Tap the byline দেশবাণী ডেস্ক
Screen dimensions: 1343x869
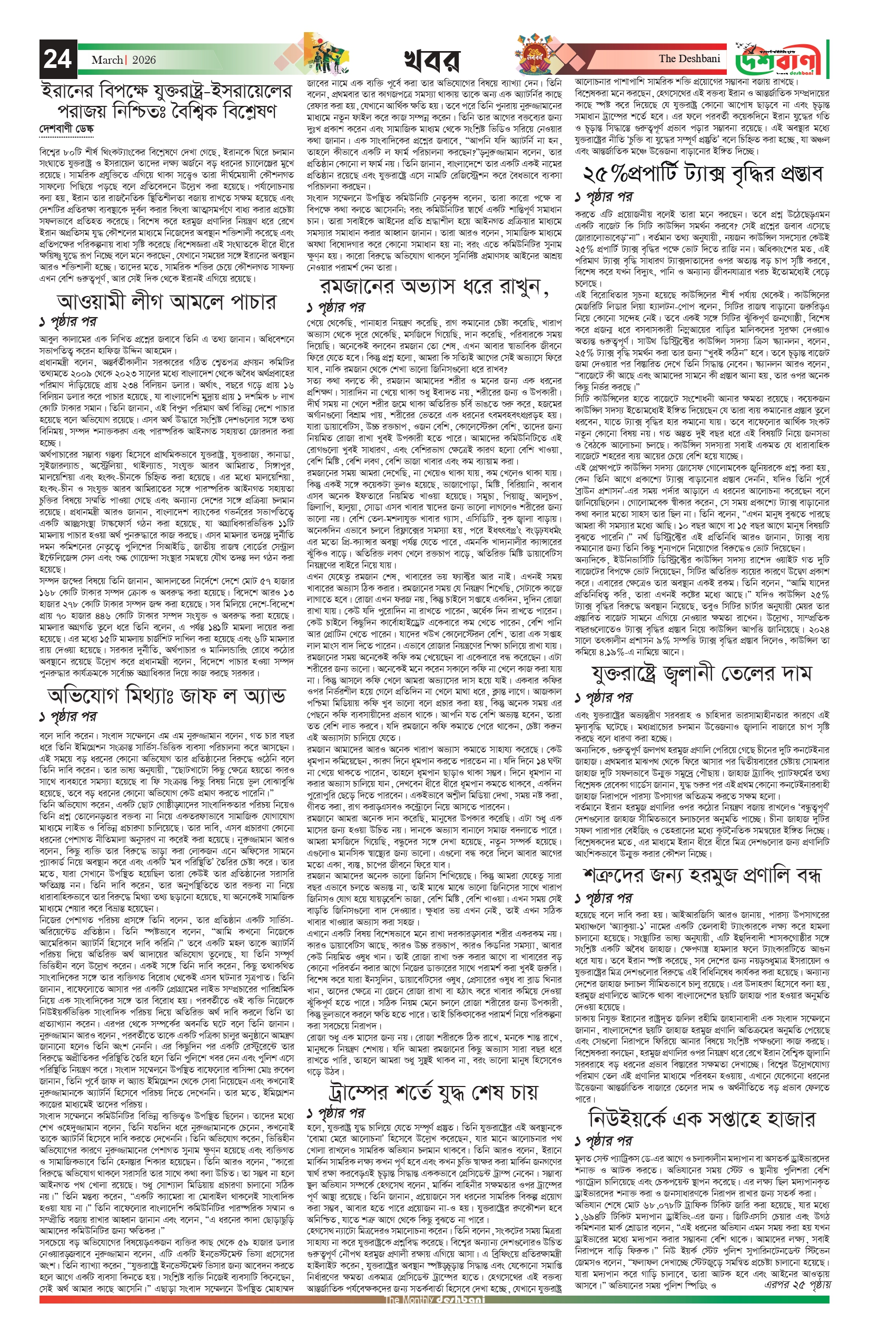coord(65,129)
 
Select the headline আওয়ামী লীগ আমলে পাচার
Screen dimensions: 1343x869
coord(167,302)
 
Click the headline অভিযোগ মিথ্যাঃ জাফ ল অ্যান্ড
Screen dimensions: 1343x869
coord(167,696)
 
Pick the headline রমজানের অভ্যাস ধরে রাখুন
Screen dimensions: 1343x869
coord(433,287)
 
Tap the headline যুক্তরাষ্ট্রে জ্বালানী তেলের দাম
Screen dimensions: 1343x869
coord(702,673)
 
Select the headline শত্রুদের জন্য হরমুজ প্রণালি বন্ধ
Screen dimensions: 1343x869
coord(702,875)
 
